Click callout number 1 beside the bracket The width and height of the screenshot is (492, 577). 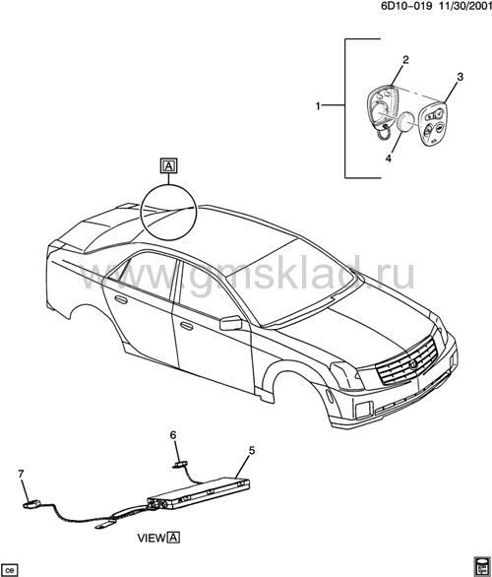318,106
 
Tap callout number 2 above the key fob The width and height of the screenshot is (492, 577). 405,60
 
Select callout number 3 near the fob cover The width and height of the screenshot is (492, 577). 460,77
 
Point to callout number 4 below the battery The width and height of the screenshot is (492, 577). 389,159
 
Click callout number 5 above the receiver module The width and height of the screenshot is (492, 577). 252,450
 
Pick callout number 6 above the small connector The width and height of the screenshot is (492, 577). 173,435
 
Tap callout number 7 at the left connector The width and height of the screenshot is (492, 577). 21,474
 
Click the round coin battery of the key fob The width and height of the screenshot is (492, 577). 405,122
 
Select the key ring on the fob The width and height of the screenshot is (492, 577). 383,133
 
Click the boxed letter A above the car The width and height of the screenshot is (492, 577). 169,165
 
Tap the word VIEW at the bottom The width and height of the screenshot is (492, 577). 152,538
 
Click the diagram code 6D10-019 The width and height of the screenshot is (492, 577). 406,5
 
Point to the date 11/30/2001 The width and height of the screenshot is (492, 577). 464,5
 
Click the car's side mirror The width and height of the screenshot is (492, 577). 231,323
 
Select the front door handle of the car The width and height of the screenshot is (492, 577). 187,326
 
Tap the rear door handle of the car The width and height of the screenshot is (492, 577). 121,299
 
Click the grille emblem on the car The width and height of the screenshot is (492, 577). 412,364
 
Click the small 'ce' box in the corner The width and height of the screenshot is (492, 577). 9,570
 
